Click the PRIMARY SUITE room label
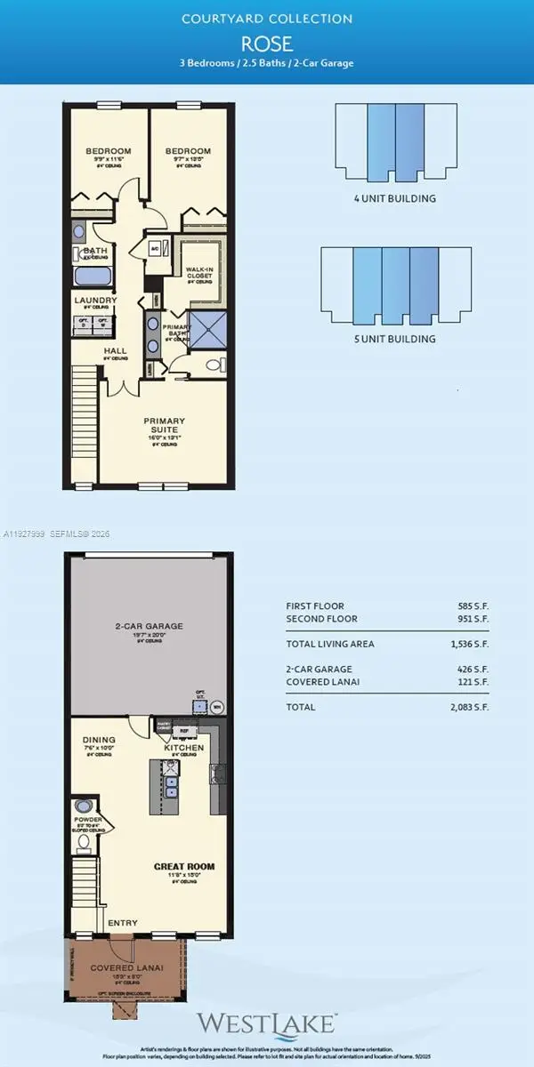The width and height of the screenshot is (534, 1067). click(x=165, y=425)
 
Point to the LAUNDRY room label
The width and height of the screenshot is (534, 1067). click(x=95, y=301)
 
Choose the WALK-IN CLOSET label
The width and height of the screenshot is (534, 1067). click(x=198, y=272)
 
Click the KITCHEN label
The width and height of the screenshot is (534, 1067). click(x=184, y=749)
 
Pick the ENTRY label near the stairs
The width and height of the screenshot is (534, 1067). click(x=122, y=923)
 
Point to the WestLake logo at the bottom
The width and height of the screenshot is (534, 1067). click(x=266, y=1023)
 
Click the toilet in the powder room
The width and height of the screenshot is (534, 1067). click(x=84, y=840)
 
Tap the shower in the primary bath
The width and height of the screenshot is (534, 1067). click(x=205, y=326)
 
